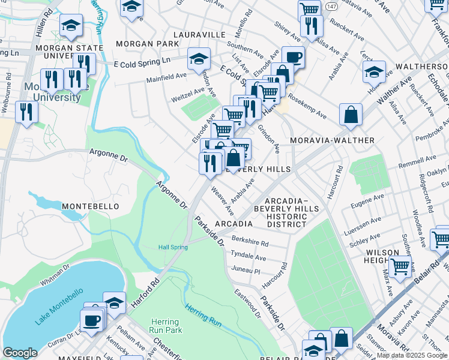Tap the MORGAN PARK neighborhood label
point(147,44)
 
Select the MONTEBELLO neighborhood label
point(90,206)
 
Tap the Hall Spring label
point(173,247)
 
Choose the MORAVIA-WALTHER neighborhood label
point(332,140)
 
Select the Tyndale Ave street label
point(248,257)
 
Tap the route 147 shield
point(331,5)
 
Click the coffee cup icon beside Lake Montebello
point(92,320)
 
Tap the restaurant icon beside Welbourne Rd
point(26,111)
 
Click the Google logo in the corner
point(20,353)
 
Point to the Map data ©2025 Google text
point(411,355)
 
